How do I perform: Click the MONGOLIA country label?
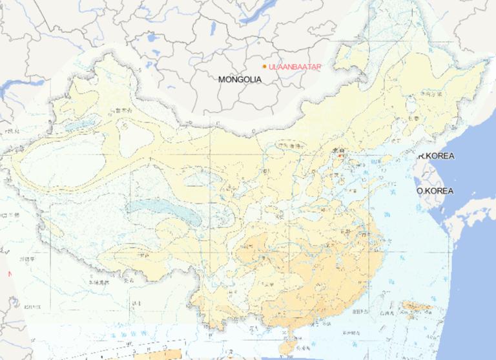pyautogui.click(x=240, y=79)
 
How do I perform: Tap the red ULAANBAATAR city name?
pyautogui.click(x=294, y=67)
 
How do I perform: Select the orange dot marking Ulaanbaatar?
pyautogui.click(x=264, y=67)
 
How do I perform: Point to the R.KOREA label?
pyautogui.click(x=436, y=156)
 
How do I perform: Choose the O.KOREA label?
pyautogui.click(x=435, y=191)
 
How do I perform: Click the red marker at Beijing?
pyautogui.click(x=340, y=155)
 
